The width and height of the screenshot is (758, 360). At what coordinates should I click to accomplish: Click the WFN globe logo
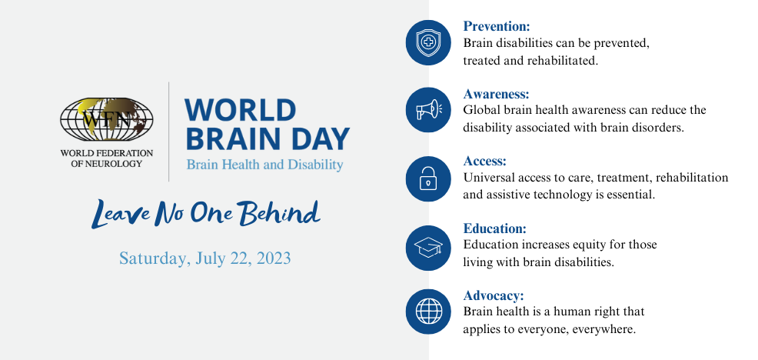tap(106, 119)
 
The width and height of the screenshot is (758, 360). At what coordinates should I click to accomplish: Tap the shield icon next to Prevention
tap(428, 42)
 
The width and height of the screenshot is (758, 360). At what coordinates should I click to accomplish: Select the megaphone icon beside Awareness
tap(428, 110)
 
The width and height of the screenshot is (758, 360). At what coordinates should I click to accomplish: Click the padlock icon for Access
tap(428, 178)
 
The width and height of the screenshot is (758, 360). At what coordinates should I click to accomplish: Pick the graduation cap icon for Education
tap(428, 248)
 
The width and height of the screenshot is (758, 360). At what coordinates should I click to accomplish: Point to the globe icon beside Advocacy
tap(428, 312)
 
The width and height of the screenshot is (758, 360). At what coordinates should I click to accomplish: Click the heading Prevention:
tap(497, 25)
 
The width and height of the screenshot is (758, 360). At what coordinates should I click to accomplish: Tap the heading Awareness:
tap(497, 94)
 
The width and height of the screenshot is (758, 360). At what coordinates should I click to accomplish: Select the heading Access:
tap(484, 161)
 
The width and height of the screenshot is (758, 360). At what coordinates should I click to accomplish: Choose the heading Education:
tap(494, 228)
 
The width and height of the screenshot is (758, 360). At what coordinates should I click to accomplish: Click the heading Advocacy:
tap(494, 295)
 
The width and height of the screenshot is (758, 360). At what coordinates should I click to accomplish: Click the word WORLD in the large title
tap(241, 110)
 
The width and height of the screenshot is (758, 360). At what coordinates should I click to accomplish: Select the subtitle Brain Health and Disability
tap(265, 165)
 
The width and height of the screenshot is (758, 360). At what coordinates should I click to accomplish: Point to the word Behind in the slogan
tap(281, 213)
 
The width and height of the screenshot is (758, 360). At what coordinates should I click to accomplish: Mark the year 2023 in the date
tap(274, 258)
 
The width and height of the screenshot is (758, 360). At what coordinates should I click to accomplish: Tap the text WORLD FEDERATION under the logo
tap(106, 153)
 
